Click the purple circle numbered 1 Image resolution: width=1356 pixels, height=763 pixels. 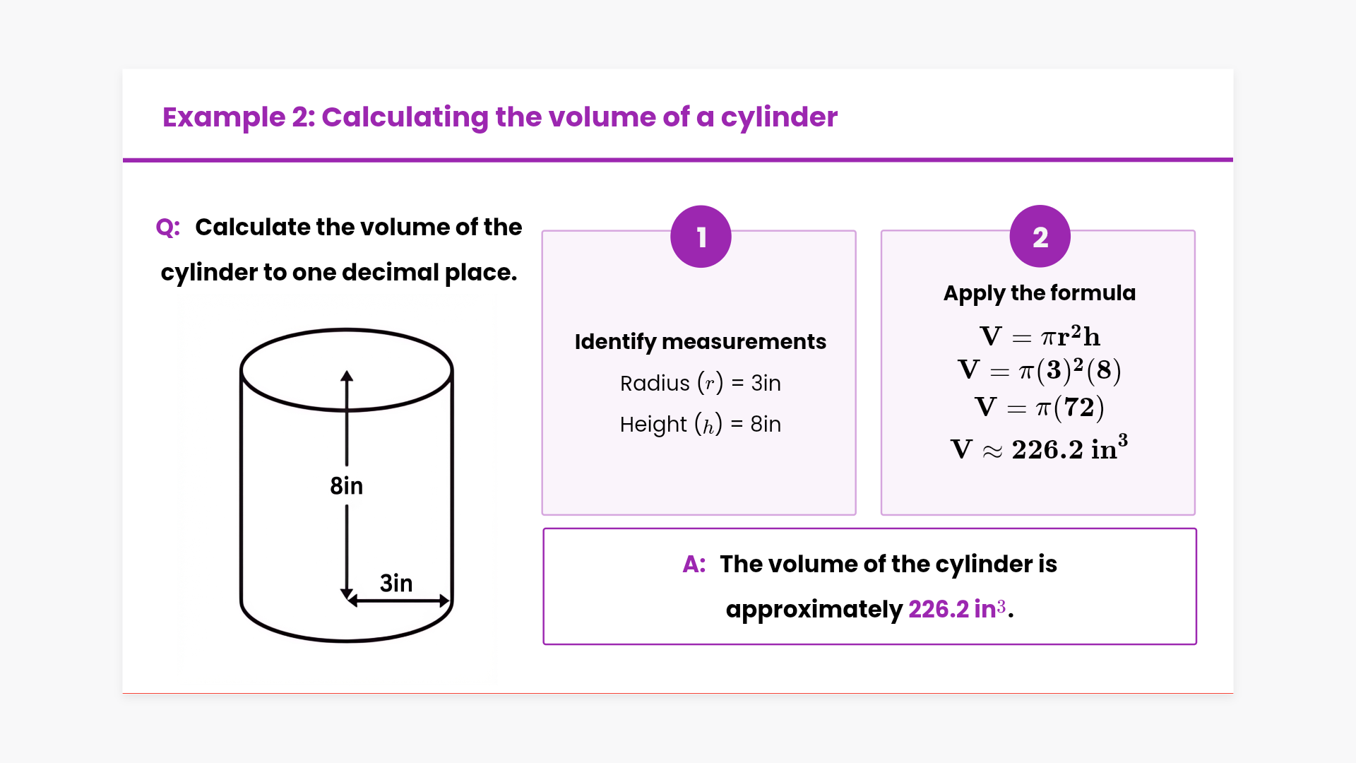coord(701,237)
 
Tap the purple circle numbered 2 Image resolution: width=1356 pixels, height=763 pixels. coord(1040,237)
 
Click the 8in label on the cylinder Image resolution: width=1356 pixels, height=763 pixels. coord(346,486)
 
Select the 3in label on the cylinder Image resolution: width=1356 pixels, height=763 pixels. coord(396,583)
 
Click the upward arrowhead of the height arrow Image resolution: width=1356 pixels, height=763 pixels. coord(347,376)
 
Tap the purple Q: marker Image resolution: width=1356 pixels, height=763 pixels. coord(168,227)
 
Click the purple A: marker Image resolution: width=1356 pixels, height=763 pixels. coord(694,564)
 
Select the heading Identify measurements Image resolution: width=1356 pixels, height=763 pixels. coord(700,341)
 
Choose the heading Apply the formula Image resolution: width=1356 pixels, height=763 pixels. coord(1040,292)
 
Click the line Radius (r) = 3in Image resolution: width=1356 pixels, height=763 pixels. coord(700,383)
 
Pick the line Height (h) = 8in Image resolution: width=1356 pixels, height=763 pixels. coord(700,424)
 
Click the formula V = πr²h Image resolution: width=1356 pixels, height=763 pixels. coord(1040,336)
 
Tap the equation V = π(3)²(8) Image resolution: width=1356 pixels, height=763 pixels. coord(1040,370)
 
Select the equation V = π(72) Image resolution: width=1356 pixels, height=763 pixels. coord(1040,408)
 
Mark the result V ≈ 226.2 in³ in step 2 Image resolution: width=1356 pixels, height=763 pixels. coord(1040,449)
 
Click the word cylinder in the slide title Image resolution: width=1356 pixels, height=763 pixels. coord(779,117)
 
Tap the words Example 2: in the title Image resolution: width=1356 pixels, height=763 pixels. coord(239,117)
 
